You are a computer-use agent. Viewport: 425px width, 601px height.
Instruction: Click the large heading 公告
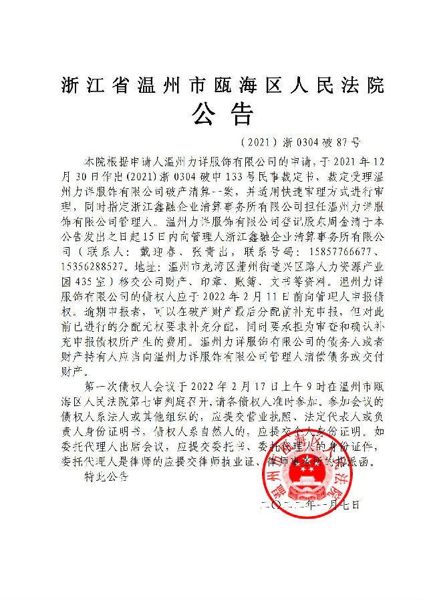point(222,114)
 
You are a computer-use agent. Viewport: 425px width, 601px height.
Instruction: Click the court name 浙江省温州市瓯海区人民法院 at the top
point(223,85)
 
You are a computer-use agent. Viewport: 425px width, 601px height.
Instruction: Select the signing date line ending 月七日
point(310,506)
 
